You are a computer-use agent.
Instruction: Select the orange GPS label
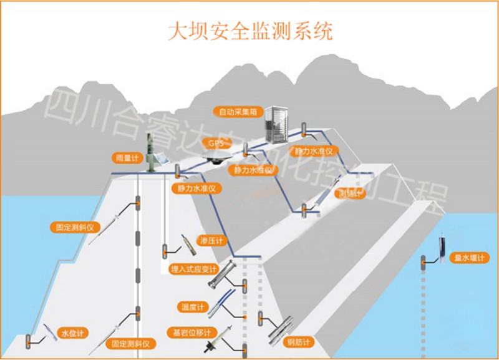click(x=216, y=143)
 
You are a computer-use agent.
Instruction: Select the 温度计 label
click(x=191, y=307)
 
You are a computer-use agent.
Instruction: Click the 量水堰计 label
click(x=469, y=258)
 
